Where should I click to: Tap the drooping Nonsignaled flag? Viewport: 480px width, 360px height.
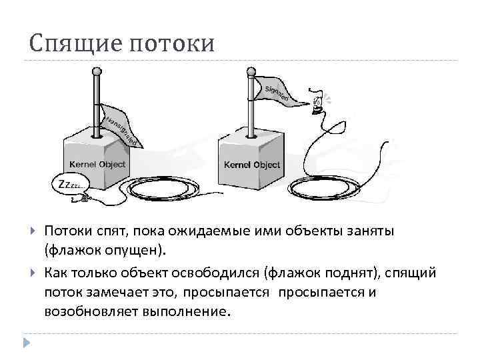tap(121, 127)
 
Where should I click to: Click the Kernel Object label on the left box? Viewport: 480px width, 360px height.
tap(97, 164)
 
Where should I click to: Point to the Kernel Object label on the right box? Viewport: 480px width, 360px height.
tap(252, 165)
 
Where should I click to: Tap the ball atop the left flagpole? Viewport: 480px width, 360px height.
tap(97, 70)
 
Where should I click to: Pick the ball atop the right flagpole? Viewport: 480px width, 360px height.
tap(251, 69)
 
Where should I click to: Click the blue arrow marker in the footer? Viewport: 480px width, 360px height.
tap(26, 342)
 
